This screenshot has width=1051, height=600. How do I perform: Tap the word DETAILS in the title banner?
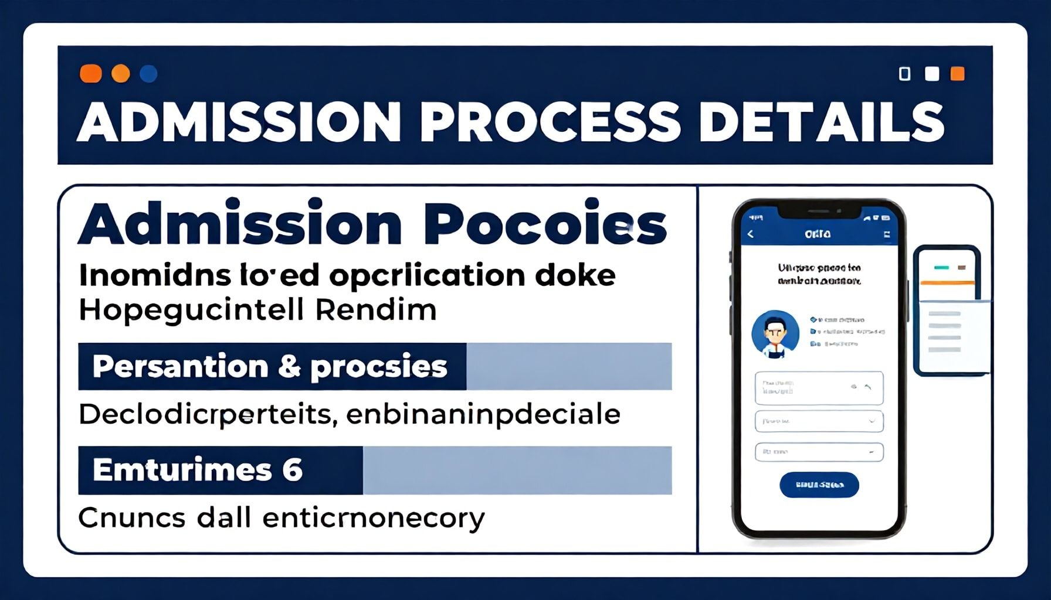coord(821,122)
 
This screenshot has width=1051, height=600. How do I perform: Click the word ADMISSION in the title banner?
coord(239,122)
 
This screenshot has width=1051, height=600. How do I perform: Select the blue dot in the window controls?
coord(148,74)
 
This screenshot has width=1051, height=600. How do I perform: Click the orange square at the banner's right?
coord(957,74)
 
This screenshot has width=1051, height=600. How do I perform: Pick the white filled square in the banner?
coord(931,74)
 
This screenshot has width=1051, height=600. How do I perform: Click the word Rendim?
coord(376,310)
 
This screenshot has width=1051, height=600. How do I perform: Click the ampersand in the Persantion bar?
coord(289,367)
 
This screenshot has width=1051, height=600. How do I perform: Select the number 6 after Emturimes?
coord(291,470)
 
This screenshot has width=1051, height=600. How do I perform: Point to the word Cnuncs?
coord(131,518)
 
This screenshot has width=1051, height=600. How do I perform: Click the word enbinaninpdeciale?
coord(483,414)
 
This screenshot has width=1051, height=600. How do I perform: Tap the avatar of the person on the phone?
coord(775,333)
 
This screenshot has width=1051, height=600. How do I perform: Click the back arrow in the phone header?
coord(750,234)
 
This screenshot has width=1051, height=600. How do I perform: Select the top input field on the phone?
coord(819,388)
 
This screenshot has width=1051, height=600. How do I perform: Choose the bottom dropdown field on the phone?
coord(819,452)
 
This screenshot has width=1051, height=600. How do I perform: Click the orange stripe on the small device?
coord(947,283)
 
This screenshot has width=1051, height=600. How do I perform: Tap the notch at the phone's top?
coord(819,210)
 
